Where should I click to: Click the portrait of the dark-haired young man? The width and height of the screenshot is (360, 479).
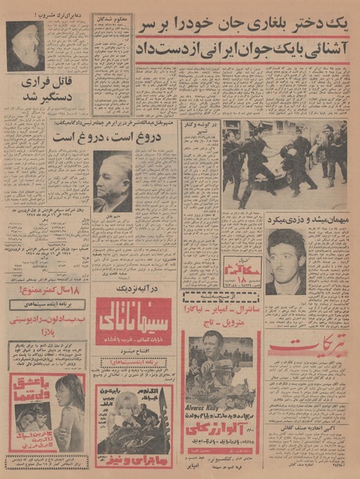[286, 260]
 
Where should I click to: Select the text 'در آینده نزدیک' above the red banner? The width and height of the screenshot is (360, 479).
[134, 289]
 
